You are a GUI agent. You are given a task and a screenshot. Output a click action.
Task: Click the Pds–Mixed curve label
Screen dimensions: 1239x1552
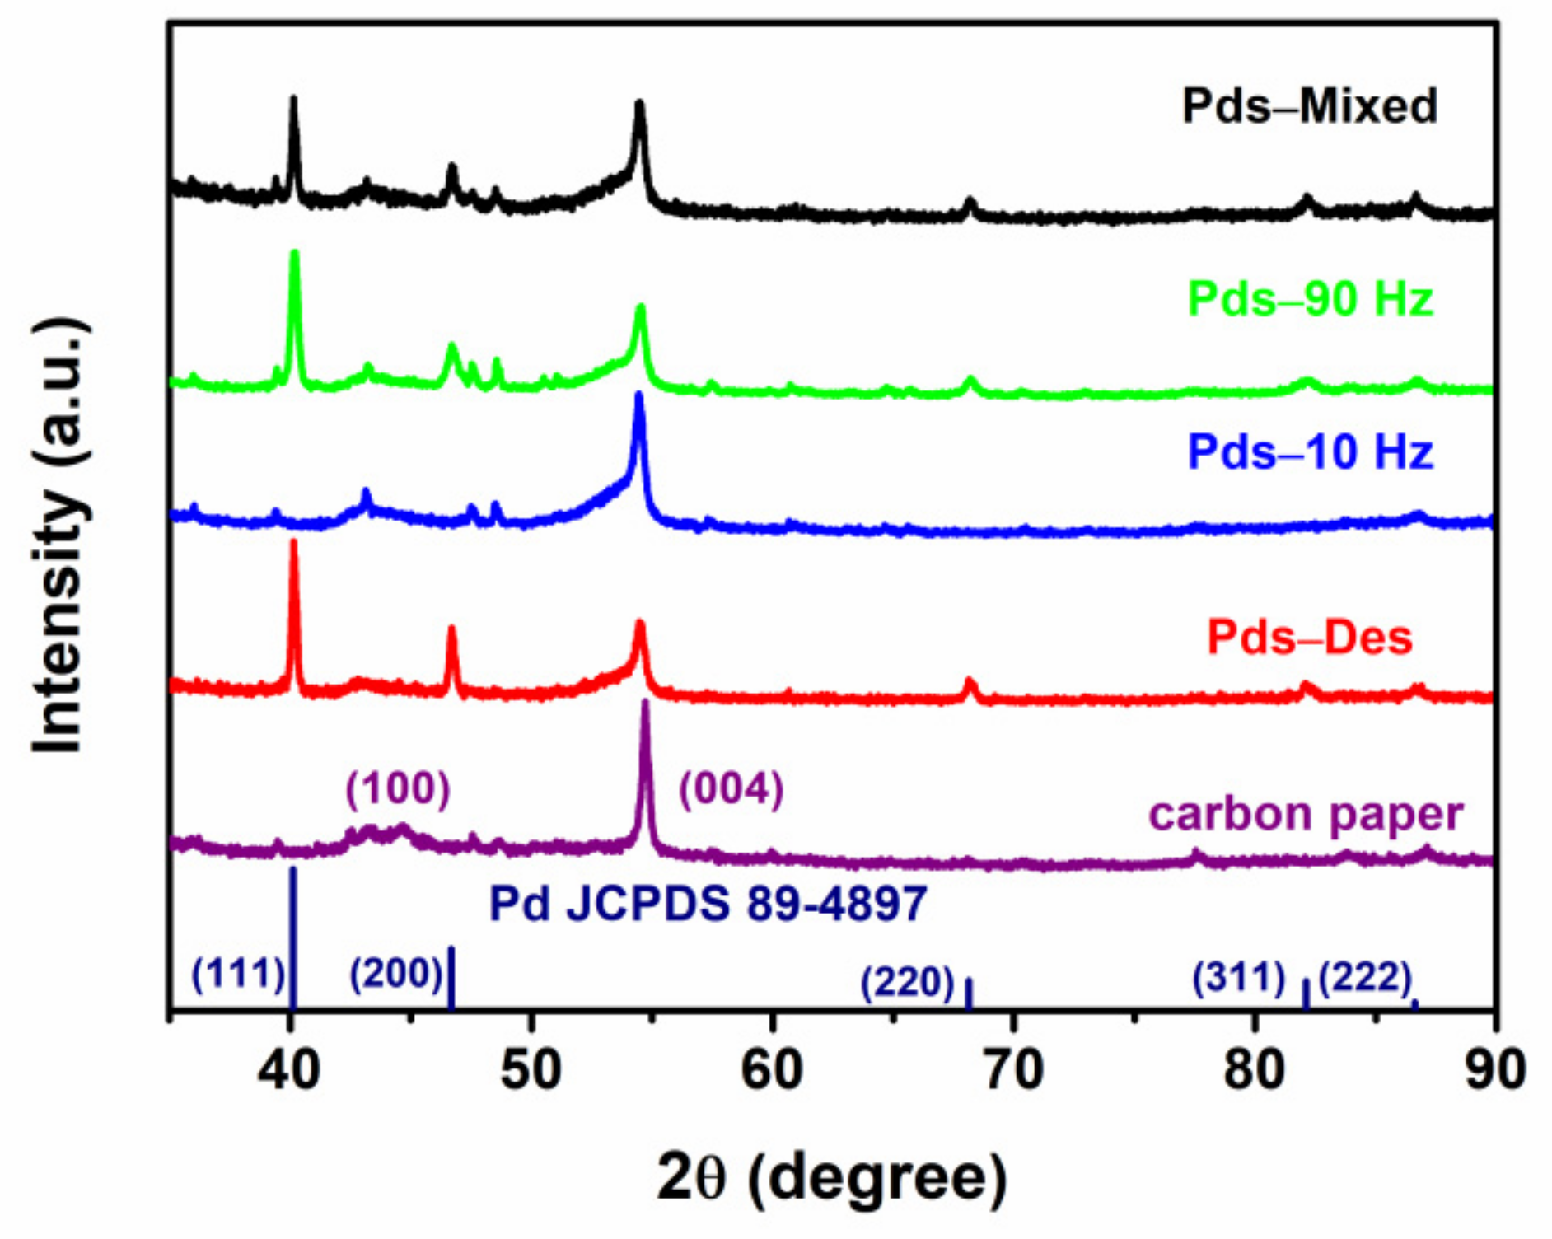(1309, 107)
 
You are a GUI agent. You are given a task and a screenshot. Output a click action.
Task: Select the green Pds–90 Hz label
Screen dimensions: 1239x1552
(1310, 298)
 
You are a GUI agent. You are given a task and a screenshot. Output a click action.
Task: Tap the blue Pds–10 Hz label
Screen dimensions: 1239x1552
(1310, 451)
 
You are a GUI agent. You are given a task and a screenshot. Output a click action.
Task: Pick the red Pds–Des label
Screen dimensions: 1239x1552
(1309, 637)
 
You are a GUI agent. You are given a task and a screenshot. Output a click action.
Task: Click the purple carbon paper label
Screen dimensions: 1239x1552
(1306, 814)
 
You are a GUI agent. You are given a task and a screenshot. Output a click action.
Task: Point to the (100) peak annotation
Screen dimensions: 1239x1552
(398, 788)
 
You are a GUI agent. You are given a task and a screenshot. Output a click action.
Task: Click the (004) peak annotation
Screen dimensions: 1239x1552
(731, 788)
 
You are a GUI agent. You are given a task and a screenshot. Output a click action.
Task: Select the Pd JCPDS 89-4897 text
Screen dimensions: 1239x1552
(708, 903)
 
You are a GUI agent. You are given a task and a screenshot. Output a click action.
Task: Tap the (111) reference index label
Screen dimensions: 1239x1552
(238, 974)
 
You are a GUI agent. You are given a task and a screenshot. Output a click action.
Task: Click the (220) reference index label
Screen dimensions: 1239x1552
(907, 982)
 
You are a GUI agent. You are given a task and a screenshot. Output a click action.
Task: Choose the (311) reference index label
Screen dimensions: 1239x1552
(1239, 977)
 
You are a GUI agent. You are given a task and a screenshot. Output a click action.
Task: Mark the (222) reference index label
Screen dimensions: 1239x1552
(1365, 977)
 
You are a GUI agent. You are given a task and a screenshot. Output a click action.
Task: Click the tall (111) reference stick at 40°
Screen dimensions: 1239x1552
(292, 939)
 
